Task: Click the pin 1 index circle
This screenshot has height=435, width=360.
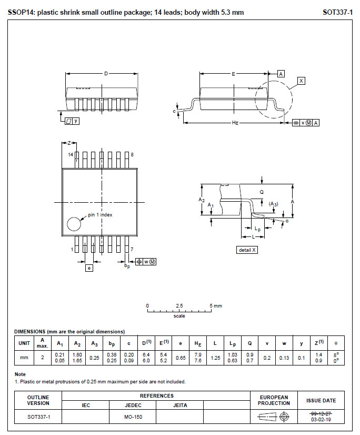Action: [x=74, y=224]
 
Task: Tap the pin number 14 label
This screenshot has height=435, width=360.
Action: [x=70, y=154]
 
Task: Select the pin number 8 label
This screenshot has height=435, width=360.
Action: [x=132, y=154]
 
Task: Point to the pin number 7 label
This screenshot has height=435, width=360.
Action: [x=132, y=249]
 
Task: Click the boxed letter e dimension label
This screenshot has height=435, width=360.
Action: [x=89, y=268]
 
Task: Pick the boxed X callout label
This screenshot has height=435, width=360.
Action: [x=301, y=81]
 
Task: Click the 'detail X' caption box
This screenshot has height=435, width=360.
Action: [x=247, y=250]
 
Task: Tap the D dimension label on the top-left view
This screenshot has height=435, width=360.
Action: [x=106, y=74]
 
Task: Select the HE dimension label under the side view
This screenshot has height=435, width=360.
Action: [x=235, y=123]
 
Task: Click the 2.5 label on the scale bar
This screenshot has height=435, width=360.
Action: [x=179, y=305]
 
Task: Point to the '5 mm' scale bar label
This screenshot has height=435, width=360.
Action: [x=216, y=305]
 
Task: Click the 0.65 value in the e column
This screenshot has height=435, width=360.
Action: [x=181, y=358]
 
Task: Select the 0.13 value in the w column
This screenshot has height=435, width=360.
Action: [x=284, y=358]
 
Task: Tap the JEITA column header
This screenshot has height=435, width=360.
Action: [x=179, y=405]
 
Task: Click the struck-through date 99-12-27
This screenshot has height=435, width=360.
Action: [x=321, y=413]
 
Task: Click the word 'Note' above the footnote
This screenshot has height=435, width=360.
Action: [x=19, y=374]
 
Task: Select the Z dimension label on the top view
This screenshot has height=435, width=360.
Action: [x=69, y=143]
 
